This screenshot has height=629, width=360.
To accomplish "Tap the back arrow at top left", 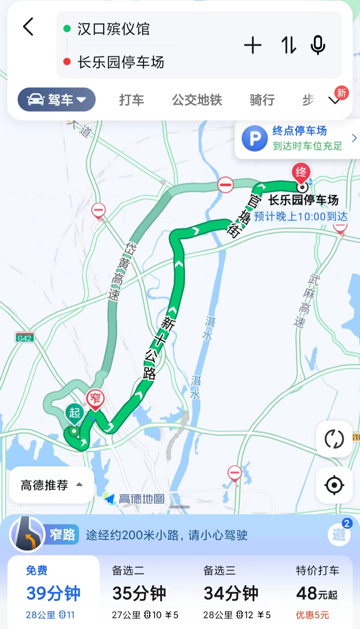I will pyautogui.click(x=28, y=27).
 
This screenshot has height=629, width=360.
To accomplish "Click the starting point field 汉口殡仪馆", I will pyautogui.click(x=113, y=29).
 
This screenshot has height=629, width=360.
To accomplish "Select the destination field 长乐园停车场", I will pyautogui.click(x=121, y=62).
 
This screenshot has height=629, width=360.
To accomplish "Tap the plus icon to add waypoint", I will pyautogui.click(x=253, y=45).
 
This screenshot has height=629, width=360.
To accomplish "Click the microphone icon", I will pyautogui.click(x=318, y=45).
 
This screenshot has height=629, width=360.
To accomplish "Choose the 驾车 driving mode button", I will pyautogui.click(x=57, y=100).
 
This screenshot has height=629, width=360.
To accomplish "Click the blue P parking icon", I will pyautogui.click(x=255, y=138).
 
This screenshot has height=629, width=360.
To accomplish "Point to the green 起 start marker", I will pyautogui.click(x=74, y=413).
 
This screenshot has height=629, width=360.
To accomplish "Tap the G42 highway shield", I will pyautogui.click(x=25, y=338).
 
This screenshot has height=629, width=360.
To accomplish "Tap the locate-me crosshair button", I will pyautogui.click(x=334, y=485).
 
